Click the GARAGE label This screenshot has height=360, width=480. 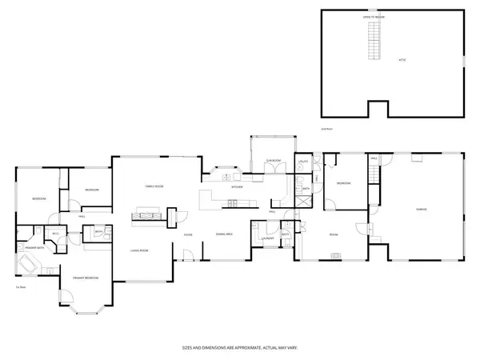[420, 210]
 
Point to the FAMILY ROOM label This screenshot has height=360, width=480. [154, 186]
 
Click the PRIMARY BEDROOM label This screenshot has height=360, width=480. [86, 278]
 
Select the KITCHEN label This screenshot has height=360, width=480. [237, 187]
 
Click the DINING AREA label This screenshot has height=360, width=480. [224, 234]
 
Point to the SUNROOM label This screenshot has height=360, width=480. [273, 161]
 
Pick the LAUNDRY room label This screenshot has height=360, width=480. [267, 238]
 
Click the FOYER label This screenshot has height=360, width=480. [188, 234]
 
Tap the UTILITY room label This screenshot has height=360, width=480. [303, 162]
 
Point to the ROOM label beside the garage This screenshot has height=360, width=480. [334, 234]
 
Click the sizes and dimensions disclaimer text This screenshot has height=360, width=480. [239, 348]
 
